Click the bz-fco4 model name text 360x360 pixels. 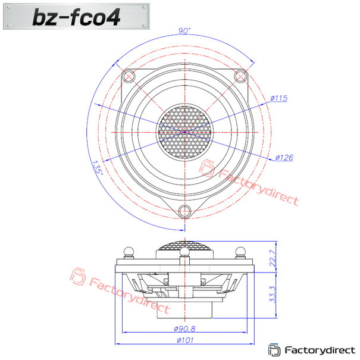(x=76, y=17)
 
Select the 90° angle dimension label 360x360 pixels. (x=184, y=31)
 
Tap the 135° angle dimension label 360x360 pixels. (x=98, y=168)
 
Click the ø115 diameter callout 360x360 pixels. (x=278, y=98)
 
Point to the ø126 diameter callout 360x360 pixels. (x=284, y=158)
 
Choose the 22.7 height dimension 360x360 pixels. (x=273, y=258)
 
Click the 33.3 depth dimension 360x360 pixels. (x=273, y=295)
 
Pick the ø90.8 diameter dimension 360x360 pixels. (x=184, y=329)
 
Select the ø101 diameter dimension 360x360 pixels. (x=185, y=340)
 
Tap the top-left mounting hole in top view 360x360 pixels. (x=129, y=76)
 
